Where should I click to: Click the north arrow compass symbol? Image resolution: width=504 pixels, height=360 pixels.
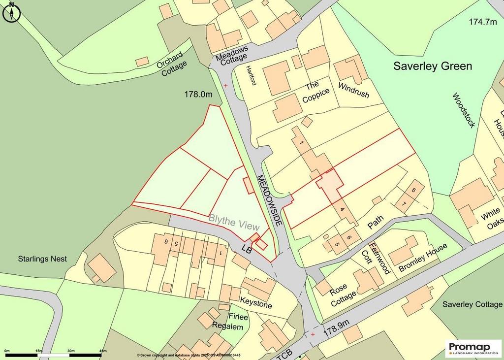pyautogui.click(x=11, y=12)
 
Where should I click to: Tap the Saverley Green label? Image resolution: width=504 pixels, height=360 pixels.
pyautogui.click(x=432, y=66)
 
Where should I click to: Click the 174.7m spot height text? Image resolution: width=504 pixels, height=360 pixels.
pyautogui.click(x=483, y=22)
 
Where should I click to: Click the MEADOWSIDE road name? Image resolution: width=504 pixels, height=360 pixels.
pyautogui.click(x=269, y=199)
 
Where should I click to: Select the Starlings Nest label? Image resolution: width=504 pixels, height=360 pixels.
pyautogui.click(x=42, y=259)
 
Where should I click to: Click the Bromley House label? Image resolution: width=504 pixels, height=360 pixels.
pyautogui.click(x=423, y=258)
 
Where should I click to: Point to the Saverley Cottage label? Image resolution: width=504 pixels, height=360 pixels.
pyautogui.click(x=472, y=304)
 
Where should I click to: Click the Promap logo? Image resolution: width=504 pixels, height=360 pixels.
pyautogui.click(x=473, y=348)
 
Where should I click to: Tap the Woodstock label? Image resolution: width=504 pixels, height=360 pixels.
pyautogui.click(x=464, y=110)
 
